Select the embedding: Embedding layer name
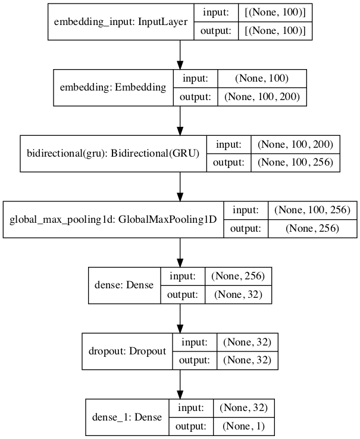[x=113, y=88]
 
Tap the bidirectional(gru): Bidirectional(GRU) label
[x=112, y=153]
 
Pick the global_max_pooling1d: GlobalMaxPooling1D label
[x=112, y=219]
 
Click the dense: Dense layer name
[x=124, y=285]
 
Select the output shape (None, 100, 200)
[x=262, y=96]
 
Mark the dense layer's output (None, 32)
[x=238, y=294]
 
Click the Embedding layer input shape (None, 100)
[x=262, y=78]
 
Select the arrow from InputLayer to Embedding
[x=180, y=55]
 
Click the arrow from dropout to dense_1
[x=180, y=384]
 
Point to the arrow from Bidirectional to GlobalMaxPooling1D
[x=180, y=186]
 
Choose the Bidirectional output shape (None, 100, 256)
[x=296, y=163]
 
